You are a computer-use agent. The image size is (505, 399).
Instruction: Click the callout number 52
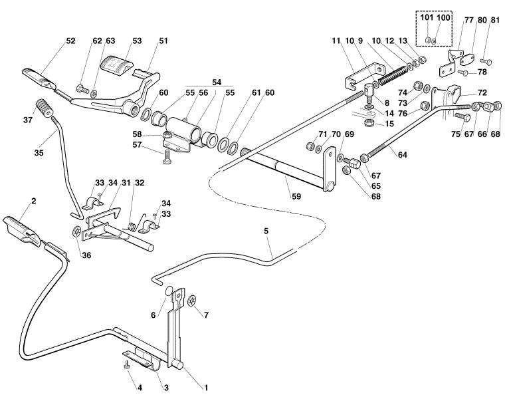70,41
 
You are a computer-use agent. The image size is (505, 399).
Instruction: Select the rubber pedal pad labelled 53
116,66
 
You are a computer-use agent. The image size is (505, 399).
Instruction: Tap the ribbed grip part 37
44,108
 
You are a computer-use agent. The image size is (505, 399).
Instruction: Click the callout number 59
296,196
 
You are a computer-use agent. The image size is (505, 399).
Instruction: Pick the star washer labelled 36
77,231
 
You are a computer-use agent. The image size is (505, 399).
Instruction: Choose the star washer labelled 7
192,301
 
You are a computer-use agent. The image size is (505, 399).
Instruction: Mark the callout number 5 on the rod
266,231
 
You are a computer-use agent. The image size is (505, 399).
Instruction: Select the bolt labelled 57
167,158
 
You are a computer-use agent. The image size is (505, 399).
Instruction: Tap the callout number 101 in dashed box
427,17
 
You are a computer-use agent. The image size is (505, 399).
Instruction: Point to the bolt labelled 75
460,116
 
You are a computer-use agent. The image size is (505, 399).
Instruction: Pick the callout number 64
403,155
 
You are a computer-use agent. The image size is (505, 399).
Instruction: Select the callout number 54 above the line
217,82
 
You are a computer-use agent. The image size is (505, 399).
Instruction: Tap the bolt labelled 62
82,88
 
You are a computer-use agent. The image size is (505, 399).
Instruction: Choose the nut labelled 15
368,123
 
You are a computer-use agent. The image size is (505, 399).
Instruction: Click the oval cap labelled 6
169,291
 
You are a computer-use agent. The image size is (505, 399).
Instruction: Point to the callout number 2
33,201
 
